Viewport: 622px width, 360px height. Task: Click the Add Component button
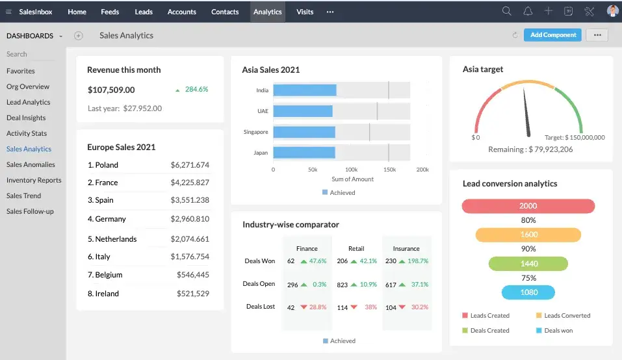coord(553,35)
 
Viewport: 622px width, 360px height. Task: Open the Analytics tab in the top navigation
coord(267,12)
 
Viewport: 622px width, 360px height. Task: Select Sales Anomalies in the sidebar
coord(31,164)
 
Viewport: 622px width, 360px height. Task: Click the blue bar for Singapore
coord(304,132)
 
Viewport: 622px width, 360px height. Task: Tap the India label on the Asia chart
coord(262,90)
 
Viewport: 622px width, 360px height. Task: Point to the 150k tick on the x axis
coord(389,169)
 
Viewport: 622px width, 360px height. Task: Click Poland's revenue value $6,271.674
coord(190,165)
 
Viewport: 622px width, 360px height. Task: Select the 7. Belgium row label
coord(105,275)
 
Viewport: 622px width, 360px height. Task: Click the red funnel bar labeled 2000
coord(528,206)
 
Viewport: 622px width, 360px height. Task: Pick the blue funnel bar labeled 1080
coord(528,292)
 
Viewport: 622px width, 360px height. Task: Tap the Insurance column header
coord(406,248)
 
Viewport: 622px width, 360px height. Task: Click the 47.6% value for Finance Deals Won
coord(318,261)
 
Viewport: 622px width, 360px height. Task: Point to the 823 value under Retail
coord(343,284)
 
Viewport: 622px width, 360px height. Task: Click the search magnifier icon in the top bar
coord(507,11)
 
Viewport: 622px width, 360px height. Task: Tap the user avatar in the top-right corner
coord(612,11)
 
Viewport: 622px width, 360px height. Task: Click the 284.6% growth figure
coord(196,90)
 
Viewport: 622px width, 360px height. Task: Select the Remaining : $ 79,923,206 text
coord(530,149)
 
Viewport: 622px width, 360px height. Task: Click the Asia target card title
coord(482,70)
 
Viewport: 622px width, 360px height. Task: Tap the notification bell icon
coord(528,11)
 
